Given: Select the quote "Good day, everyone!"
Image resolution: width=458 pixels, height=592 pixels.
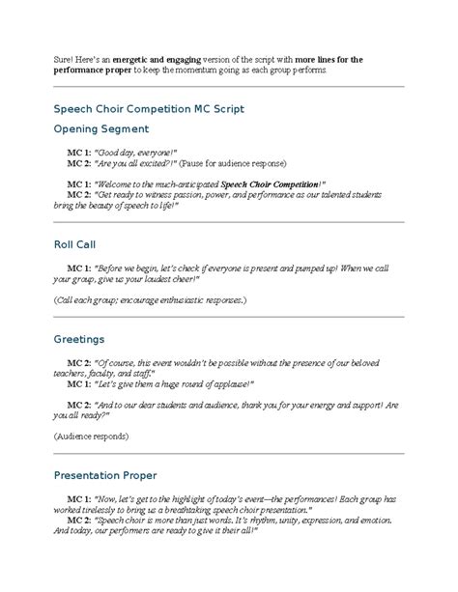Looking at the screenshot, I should tap(136, 153).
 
